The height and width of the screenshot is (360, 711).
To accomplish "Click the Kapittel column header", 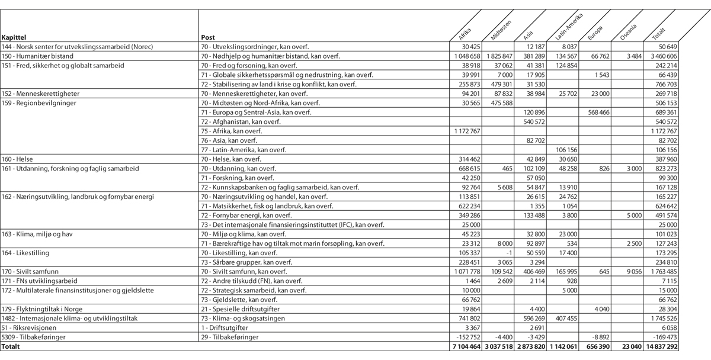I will pos(15,37).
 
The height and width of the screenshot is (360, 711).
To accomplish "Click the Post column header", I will pos(208,37).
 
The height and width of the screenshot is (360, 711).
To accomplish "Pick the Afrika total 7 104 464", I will pos(467,345).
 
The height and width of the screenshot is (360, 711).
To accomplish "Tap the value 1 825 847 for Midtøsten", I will pos(498,56).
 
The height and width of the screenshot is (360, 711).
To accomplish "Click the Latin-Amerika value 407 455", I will pos(563,317).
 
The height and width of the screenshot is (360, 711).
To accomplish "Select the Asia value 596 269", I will pos(531,317).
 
